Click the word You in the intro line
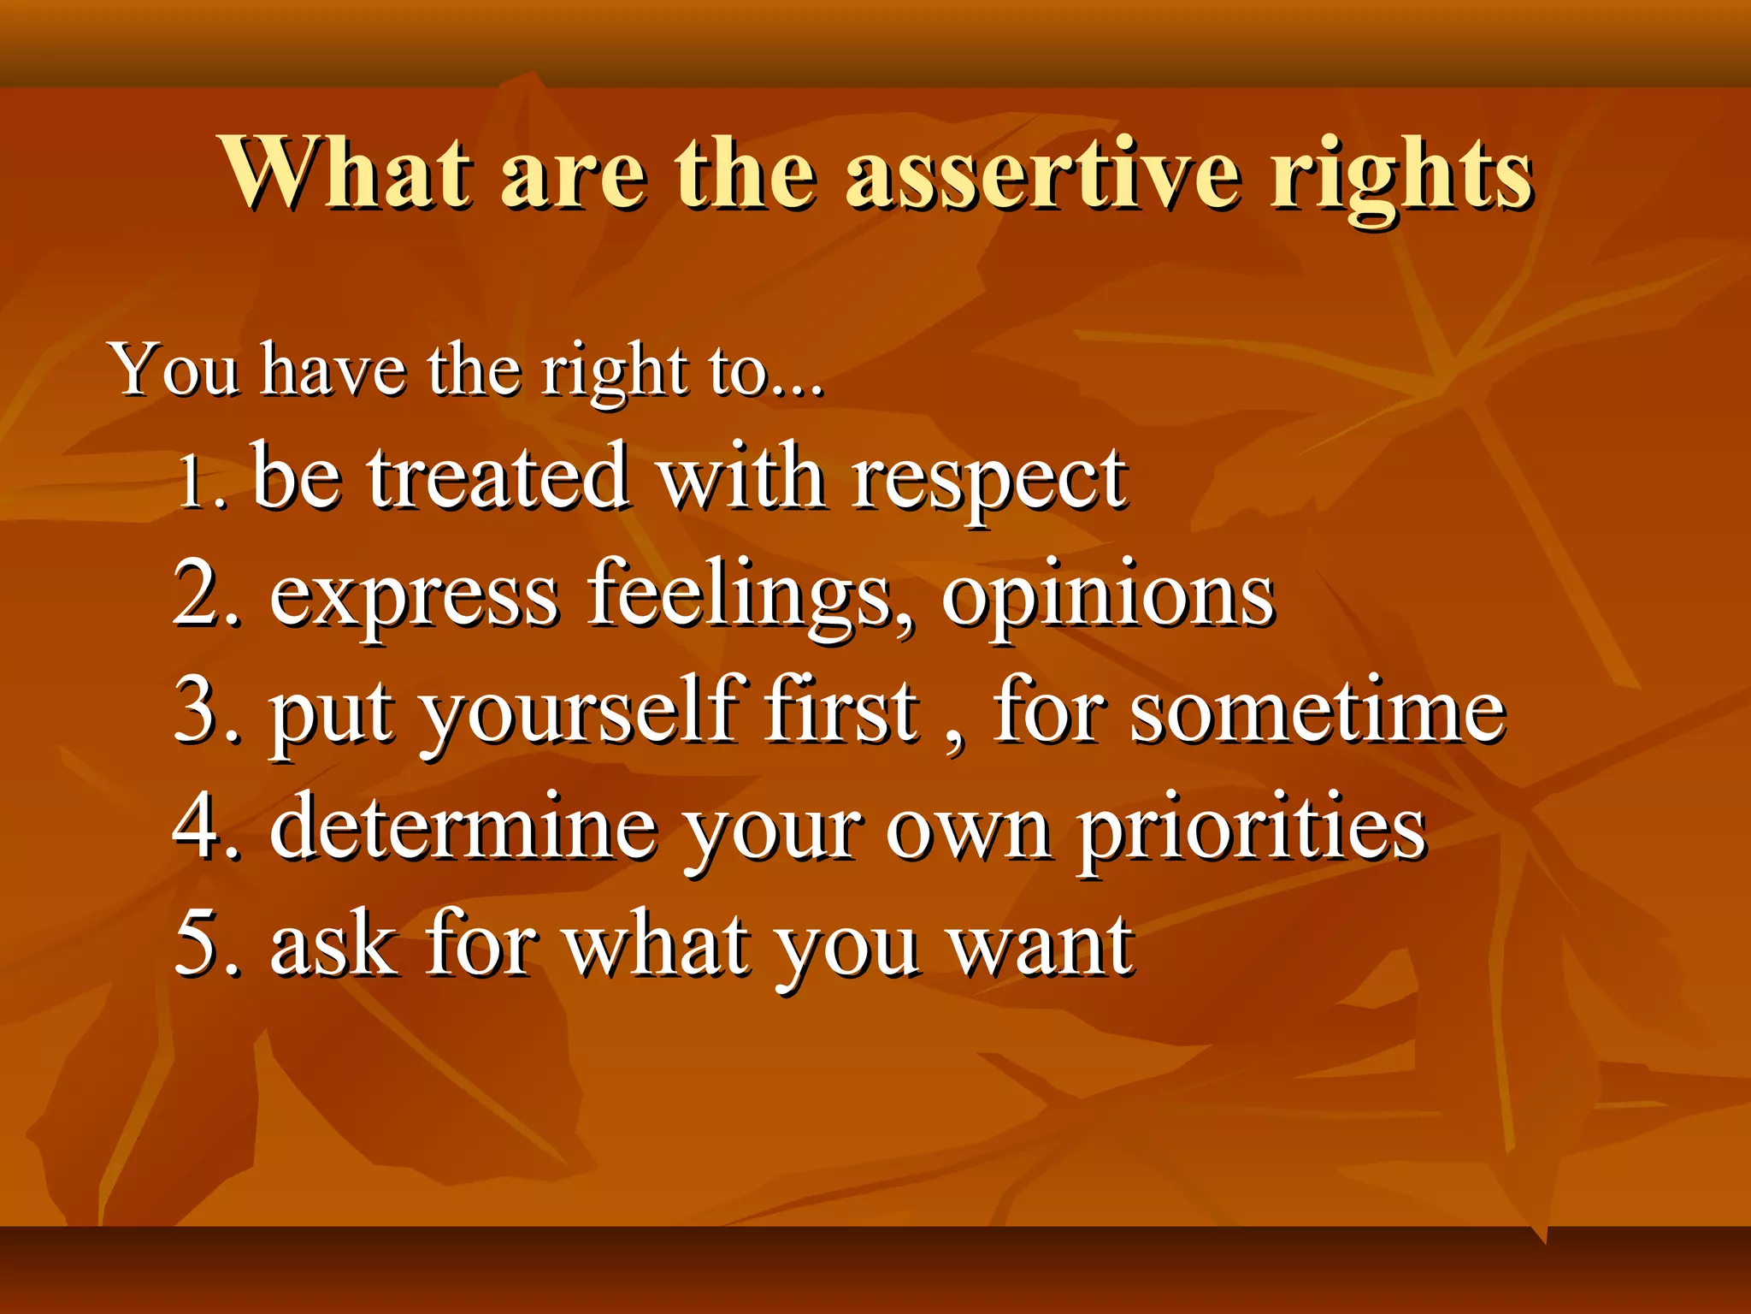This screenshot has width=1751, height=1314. tap(175, 371)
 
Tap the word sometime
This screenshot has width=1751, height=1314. tap(1316, 712)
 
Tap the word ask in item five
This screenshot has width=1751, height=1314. tap(333, 945)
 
